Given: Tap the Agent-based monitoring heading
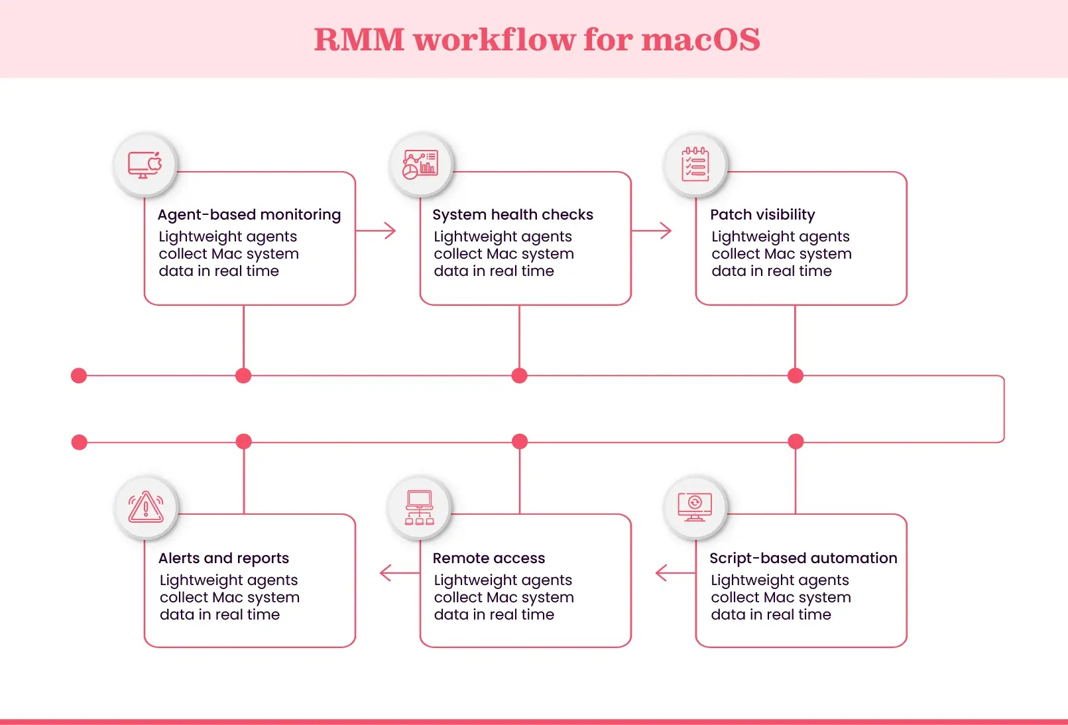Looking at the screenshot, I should click(x=249, y=215).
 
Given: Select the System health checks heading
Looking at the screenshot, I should click(x=512, y=215).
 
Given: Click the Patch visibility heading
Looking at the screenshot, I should click(x=762, y=215).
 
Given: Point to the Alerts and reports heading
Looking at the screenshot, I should click(x=223, y=559).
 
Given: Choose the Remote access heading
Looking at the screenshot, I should click(x=489, y=559).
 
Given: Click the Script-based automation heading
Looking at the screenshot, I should click(x=803, y=559).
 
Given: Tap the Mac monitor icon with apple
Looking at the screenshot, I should click(x=145, y=165).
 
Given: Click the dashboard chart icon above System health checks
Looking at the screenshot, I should click(x=420, y=165).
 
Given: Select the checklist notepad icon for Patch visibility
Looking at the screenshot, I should click(x=695, y=165).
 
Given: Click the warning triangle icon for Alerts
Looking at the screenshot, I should click(x=146, y=507).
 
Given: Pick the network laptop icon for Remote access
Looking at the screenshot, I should click(x=420, y=507).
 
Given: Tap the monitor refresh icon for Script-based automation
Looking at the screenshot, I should click(x=695, y=507).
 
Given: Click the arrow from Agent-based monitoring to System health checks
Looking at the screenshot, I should click(x=377, y=231).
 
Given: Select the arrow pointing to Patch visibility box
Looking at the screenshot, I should click(x=652, y=231).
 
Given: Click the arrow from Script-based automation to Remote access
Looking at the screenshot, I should click(x=674, y=573).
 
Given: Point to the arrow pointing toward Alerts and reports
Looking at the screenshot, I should click(x=398, y=573).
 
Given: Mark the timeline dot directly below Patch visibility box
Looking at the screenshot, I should click(x=796, y=376).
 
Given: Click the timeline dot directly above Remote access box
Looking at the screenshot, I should click(x=520, y=441).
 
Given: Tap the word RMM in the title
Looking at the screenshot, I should click(x=359, y=40).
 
